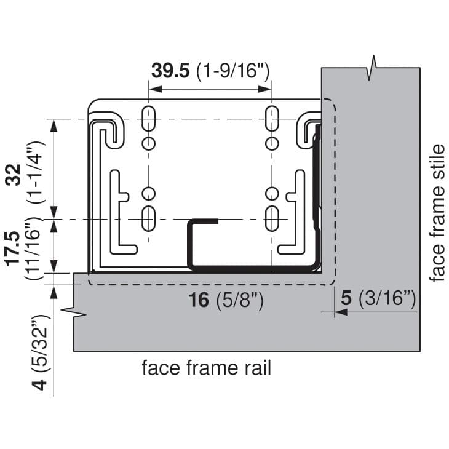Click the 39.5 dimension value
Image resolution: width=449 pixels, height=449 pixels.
(x=170, y=71)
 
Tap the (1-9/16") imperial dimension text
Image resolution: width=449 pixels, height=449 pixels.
(x=233, y=71)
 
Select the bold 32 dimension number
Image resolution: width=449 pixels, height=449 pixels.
(x=13, y=175)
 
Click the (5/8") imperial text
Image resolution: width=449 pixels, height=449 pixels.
(x=240, y=301)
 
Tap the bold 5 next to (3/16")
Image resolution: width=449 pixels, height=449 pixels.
(x=346, y=298)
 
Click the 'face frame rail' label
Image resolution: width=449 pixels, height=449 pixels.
(x=207, y=368)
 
